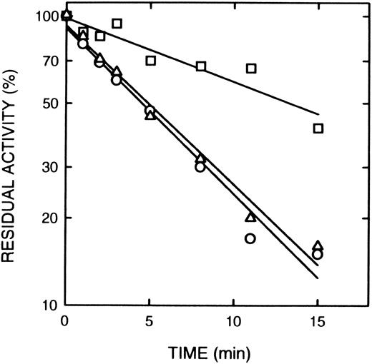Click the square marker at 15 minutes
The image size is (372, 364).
pyautogui.click(x=318, y=128)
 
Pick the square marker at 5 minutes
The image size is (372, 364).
pyautogui.click(x=150, y=61)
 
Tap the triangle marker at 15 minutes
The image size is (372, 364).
pyautogui.click(x=318, y=246)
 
